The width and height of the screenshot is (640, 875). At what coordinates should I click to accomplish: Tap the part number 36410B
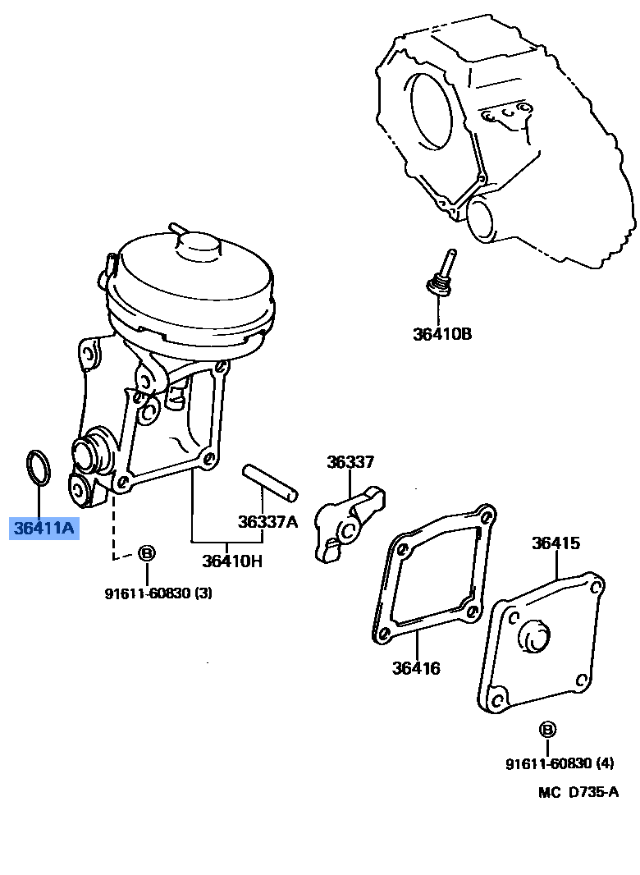tap(442, 334)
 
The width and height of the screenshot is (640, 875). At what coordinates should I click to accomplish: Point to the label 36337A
tap(267, 522)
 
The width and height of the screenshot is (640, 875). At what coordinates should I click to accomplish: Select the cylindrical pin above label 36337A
tap(270, 482)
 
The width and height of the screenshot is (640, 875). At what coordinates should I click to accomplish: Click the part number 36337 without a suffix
tap(350, 462)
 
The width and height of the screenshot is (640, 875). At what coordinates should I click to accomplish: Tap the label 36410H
tap(232, 561)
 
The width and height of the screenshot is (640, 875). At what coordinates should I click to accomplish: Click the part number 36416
tap(415, 668)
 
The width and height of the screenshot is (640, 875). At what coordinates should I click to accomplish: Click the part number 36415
tap(555, 543)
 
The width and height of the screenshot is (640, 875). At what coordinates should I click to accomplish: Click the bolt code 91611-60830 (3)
tap(158, 593)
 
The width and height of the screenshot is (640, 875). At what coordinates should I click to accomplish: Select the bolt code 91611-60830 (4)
tap(559, 764)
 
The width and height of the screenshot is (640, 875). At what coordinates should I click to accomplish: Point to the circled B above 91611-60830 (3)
tap(146, 553)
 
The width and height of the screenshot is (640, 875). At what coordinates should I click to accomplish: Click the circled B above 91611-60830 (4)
tap(547, 729)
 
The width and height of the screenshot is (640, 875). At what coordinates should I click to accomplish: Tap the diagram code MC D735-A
tap(578, 792)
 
